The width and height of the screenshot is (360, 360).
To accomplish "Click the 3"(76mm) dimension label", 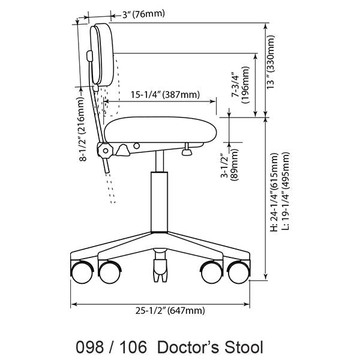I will coord(143,14).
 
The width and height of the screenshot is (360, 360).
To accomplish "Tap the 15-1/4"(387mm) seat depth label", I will coord(165,94).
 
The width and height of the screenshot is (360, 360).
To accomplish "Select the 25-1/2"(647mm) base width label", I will coord(170,310).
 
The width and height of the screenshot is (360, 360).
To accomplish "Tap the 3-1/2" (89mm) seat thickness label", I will coord(230,167).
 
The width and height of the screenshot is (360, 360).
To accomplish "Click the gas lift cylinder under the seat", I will coord(159,201).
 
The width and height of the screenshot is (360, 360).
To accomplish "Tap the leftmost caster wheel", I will coord(80,273).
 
